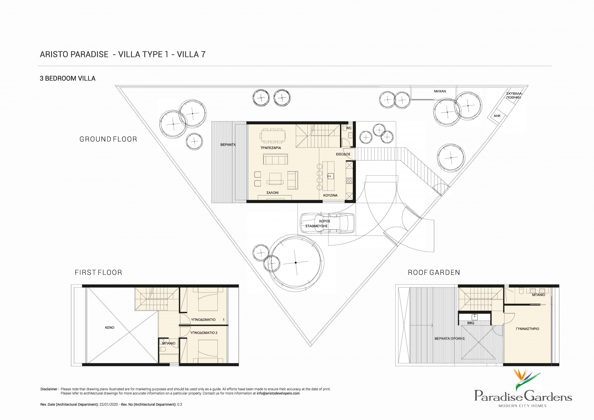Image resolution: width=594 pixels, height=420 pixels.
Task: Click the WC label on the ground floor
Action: pos(349,128)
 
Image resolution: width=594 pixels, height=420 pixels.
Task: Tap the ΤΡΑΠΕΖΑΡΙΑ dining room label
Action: pos(271,148)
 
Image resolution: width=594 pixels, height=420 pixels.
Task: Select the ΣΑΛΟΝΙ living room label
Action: pos(272,193)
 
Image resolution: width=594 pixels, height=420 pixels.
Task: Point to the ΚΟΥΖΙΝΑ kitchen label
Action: pos(330,195)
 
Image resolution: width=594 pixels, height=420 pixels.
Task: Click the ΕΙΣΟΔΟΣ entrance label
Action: pos(343,154)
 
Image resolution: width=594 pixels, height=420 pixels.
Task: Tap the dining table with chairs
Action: pos(273,135)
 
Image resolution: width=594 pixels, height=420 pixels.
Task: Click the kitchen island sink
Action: pos(331,176)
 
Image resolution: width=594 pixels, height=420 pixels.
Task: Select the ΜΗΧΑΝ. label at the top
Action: pos(440,91)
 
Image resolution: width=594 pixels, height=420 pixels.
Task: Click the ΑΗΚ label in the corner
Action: pos(497,116)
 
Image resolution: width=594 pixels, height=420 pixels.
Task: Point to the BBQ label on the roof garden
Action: pos(471,323)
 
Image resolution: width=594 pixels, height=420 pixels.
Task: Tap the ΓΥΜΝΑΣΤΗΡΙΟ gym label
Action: pos(527,329)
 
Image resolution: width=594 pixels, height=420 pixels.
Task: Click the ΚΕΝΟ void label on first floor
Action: pos(110,327)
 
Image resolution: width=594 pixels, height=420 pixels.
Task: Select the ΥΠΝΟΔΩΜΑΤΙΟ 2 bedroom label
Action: pos(204,333)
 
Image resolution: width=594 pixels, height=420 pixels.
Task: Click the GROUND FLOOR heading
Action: pos(108,139)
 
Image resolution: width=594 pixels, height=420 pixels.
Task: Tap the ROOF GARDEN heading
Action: pos(434,272)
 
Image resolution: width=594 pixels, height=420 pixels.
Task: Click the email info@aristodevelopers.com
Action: pos(278,393)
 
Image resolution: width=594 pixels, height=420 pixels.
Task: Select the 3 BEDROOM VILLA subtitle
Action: pos(68,78)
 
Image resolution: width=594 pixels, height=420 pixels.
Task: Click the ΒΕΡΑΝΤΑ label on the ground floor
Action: pos(228,145)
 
